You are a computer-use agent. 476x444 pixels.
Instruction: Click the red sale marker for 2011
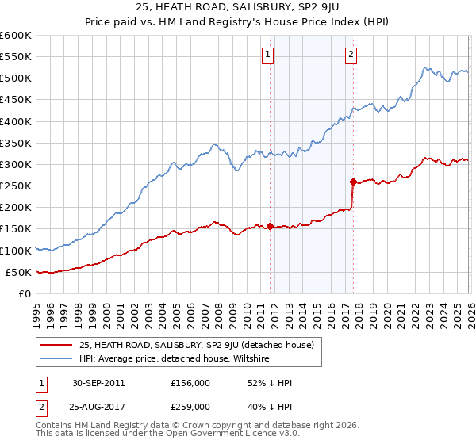click(270, 226)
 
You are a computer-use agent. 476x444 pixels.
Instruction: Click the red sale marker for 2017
click(353, 182)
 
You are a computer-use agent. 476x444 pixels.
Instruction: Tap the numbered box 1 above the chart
click(268, 55)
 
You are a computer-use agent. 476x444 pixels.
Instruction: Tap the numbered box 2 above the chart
click(351, 55)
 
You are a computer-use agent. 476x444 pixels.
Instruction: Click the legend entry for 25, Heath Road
click(197, 345)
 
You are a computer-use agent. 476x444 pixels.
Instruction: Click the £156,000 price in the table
click(190, 383)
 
